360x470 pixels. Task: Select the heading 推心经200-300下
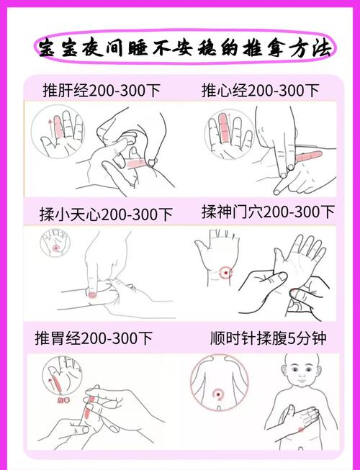pos(260,91)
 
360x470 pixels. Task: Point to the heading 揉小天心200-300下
pos(106,214)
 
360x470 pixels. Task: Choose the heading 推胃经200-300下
pos(94,337)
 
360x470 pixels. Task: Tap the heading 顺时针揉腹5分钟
pos(267,337)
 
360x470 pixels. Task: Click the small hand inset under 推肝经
pos(55,133)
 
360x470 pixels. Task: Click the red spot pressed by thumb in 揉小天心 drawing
pos(92,293)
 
